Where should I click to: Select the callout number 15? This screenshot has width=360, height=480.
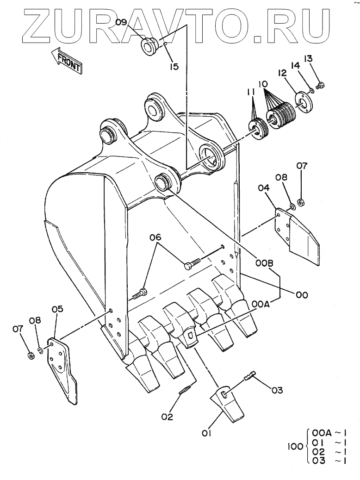pyautogui.click(x=174, y=67)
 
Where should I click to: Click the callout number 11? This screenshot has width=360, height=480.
pyautogui.click(x=251, y=93)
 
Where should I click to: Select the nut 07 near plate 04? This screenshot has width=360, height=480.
pyautogui.click(x=300, y=202)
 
